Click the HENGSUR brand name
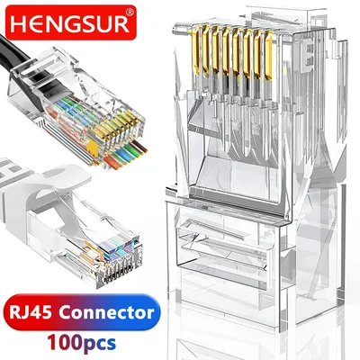tap(69, 24)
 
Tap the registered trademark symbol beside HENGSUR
tap(130, 13)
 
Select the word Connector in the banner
tap(106, 312)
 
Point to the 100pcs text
tap(81, 342)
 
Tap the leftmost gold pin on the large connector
tap(196, 49)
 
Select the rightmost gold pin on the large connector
tap(269, 56)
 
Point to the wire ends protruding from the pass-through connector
tap(126, 154)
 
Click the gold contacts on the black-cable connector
tap(120, 126)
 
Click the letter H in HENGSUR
tap(21, 24)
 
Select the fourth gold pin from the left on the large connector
tap(227, 52)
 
